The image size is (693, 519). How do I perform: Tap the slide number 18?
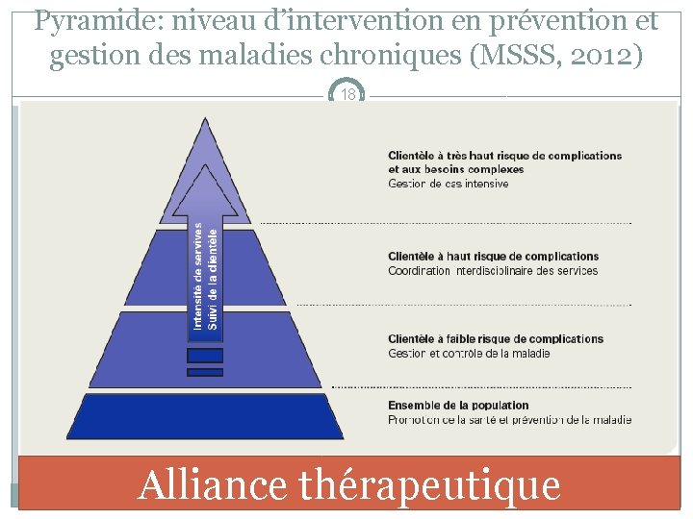347,94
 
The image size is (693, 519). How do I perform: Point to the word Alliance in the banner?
212,484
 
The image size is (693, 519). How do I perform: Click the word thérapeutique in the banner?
429,485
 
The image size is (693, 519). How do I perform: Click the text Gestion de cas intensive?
448,184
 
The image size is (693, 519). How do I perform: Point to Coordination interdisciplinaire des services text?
493,271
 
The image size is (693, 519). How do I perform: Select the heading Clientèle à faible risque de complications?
496,339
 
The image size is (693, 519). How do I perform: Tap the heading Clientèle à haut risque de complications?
493,257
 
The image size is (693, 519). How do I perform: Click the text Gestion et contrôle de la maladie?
469,354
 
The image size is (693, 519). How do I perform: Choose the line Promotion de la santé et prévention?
509,420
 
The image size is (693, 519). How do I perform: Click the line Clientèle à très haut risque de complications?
504,156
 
